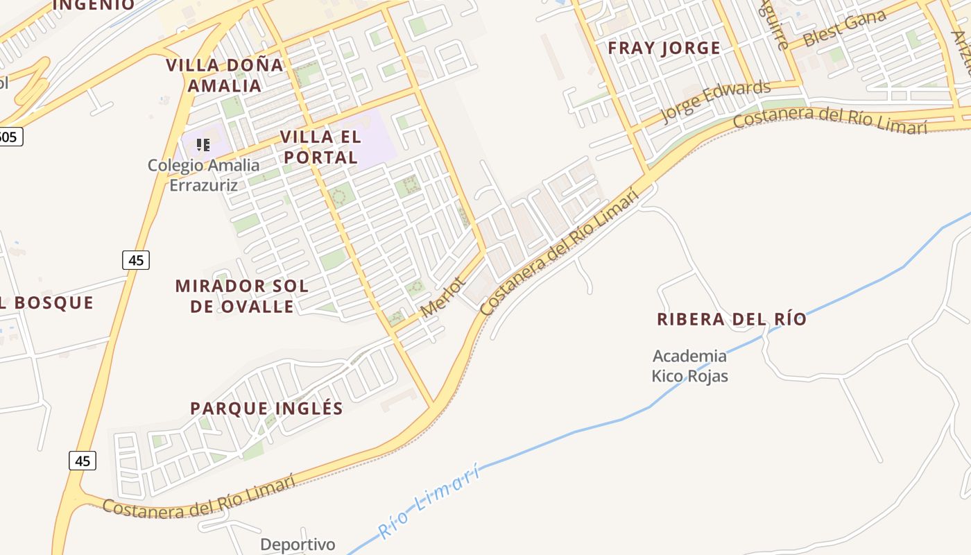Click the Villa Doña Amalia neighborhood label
[225, 76]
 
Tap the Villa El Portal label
[320, 147]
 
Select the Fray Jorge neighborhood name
[664, 48]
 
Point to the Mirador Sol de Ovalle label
[241, 296]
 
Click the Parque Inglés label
[267, 408]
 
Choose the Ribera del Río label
[732, 319]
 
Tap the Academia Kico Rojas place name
[689, 366]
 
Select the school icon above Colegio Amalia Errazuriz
[203, 144]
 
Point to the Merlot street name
[442, 297]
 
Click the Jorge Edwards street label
[716, 101]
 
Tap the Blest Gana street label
[844, 28]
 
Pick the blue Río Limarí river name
[430, 502]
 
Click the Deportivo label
[298, 545]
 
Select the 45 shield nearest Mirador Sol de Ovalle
[136, 260]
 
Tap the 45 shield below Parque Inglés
[83, 460]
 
